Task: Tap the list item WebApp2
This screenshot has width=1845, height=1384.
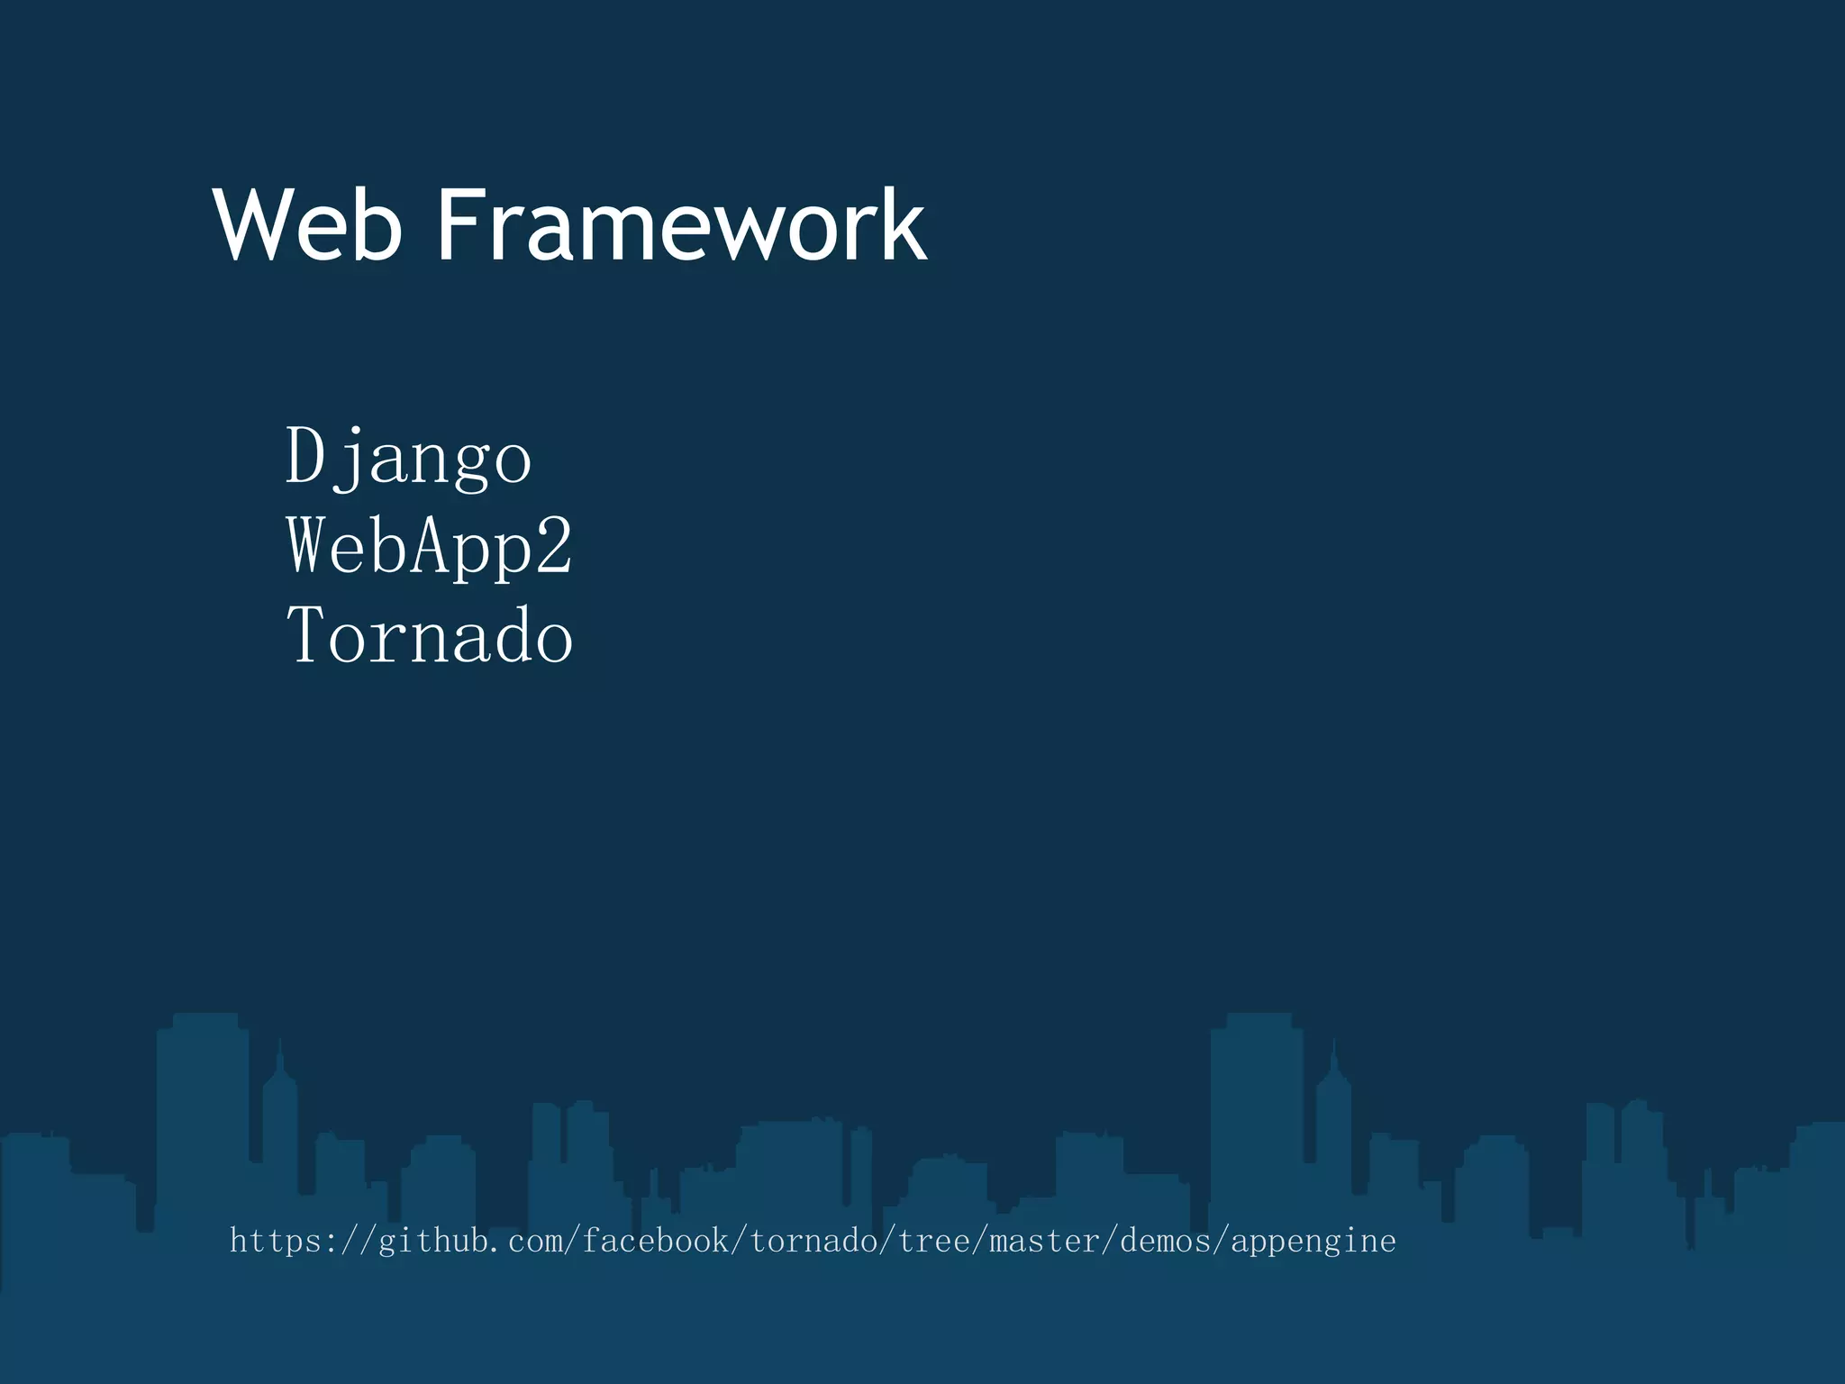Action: coord(429,546)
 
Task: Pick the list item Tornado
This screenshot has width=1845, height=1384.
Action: coord(429,635)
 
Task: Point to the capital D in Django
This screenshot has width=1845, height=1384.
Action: coord(305,455)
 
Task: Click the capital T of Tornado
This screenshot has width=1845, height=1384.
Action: coord(305,635)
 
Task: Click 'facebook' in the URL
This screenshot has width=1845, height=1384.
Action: coord(655,1242)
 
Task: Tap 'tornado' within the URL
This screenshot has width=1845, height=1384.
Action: coord(813,1242)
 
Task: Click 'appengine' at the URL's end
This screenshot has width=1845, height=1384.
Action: coord(1313,1242)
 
